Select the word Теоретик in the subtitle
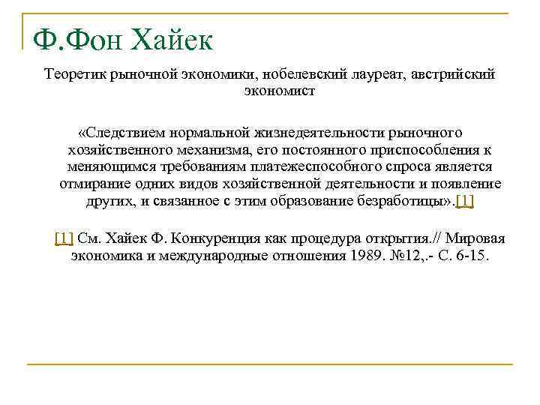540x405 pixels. (x=75, y=76)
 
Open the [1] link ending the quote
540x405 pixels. (x=465, y=200)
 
